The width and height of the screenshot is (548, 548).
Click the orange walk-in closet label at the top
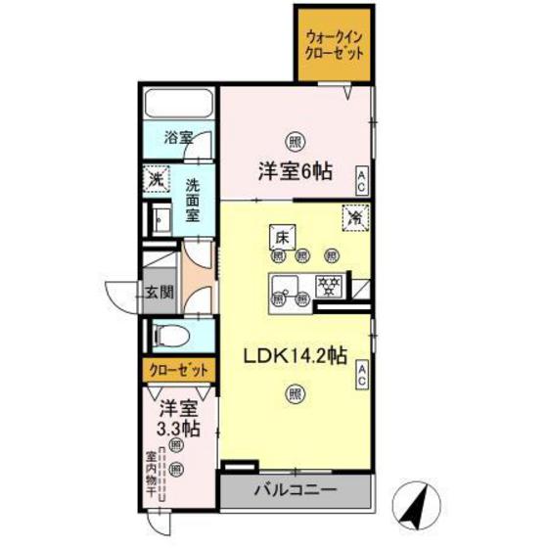click(x=334, y=46)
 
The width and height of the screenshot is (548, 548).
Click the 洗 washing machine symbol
click(x=155, y=181)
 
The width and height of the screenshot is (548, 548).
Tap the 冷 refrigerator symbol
click(x=353, y=217)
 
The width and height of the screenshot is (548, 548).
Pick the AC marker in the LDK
click(x=361, y=374)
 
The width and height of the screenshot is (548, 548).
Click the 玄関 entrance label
click(x=160, y=291)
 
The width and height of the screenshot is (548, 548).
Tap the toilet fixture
click(x=173, y=336)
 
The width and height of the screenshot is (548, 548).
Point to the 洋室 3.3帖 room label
click(x=179, y=418)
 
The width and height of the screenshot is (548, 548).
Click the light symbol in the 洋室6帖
click(x=294, y=141)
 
